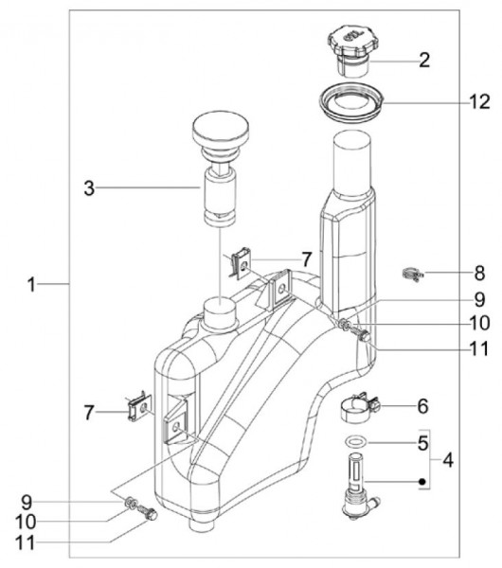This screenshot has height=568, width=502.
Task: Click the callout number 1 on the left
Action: [31, 284]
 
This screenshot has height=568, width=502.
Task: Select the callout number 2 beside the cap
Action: [424, 61]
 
